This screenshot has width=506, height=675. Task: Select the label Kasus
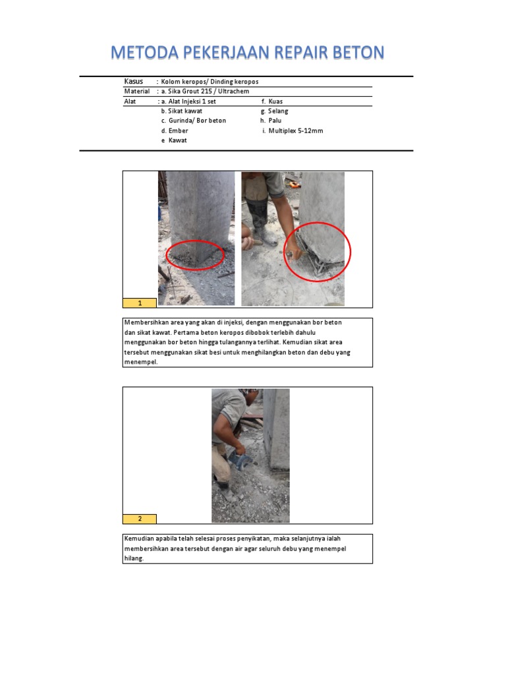pyautogui.click(x=134, y=81)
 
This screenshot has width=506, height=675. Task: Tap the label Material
pyautogui.click(x=137, y=91)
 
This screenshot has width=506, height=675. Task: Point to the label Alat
pyautogui.click(x=130, y=102)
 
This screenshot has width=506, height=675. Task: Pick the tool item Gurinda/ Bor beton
pyautogui.click(x=194, y=121)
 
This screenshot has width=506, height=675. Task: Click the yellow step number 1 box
pyautogui.click(x=140, y=303)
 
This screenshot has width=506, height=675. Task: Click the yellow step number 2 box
pyautogui.click(x=140, y=519)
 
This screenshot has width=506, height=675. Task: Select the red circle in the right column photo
pyautogui.click(x=317, y=251)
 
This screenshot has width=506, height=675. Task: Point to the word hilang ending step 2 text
pyautogui.click(x=133, y=558)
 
